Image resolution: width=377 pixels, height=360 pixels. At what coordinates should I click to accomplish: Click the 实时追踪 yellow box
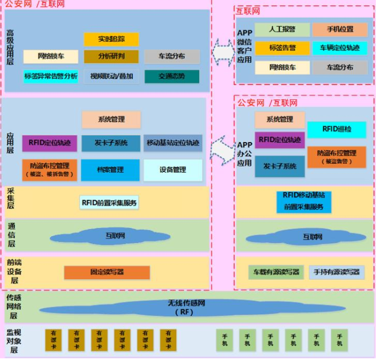pos(111,39)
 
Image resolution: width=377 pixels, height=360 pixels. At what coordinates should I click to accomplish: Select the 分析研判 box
pos(111,56)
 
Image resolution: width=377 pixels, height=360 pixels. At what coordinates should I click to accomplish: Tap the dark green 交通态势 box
pos(172,76)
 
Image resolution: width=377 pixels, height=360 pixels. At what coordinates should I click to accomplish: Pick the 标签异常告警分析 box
pos(51,76)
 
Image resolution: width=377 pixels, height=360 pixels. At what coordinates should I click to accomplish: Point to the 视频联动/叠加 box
pos(111,76)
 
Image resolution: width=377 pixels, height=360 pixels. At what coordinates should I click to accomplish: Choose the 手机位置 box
pos(340,30)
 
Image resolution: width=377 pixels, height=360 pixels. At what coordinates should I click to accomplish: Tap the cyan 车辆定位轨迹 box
pos(340,48)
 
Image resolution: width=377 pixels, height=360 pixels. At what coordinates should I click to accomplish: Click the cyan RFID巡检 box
pos(336,129)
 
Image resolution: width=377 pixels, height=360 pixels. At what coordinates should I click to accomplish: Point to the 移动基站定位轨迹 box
pos(173,143)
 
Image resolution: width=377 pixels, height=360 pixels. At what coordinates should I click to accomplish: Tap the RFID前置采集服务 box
pos(109,202)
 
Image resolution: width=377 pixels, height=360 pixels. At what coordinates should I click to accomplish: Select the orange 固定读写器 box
pos(107,273)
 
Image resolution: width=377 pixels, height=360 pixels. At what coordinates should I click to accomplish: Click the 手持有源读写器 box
pos(336,273)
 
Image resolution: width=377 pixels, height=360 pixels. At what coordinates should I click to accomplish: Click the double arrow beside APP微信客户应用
pos(223,50)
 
